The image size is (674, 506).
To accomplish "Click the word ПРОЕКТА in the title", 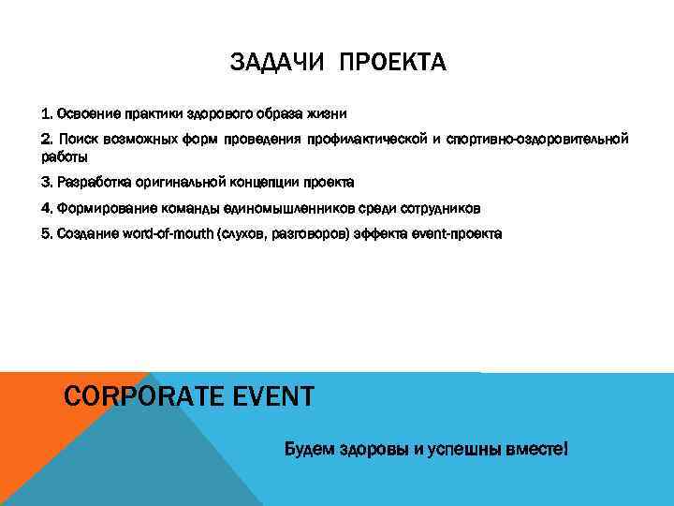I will tap(393, 64).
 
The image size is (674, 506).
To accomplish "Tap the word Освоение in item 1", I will tap(86, 113).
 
